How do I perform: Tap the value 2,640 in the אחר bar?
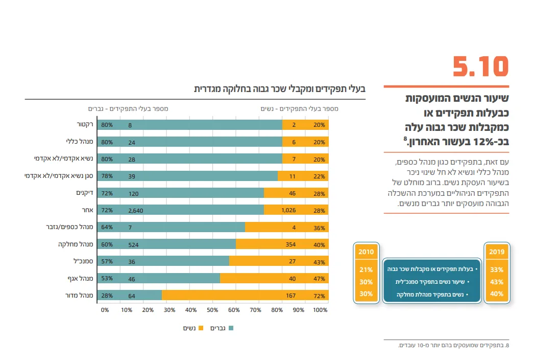click(136, 210)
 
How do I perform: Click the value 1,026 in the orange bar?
click(288, 210)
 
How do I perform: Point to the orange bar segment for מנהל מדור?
click(245, 295)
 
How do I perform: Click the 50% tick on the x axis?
click(212, 310)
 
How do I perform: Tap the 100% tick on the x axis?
click(320, 310)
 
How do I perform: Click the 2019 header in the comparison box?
click(496, 252)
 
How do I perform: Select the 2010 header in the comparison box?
click(366, 252)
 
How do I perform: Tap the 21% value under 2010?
click(366, 269)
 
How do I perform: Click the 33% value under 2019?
click(496, 269)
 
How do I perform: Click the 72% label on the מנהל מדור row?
click(320, 296)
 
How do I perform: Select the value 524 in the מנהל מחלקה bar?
click(134, 244)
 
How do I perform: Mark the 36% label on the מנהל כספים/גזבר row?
click(320, 227)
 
